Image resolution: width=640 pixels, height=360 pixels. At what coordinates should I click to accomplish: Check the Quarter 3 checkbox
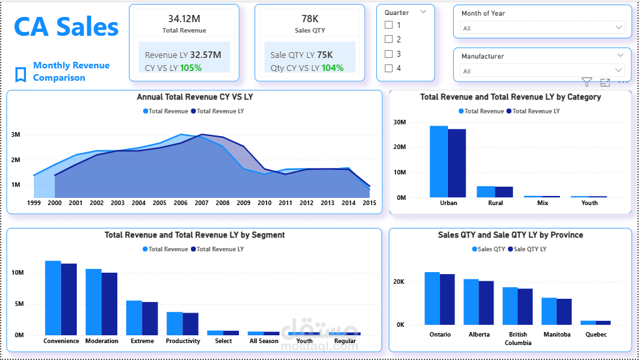point(389,54)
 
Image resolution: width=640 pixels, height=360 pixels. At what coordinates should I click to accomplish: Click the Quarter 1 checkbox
point(389,25)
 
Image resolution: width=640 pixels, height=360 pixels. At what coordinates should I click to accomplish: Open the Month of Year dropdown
point(542,28)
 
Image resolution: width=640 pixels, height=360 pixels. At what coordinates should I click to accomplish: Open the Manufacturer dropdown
point(542,71)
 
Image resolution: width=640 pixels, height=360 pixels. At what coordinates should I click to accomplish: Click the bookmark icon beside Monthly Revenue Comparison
point(21,74)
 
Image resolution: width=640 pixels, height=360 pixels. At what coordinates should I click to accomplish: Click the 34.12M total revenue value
point(184,18)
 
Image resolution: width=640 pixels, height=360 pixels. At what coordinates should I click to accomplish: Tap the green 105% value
point(191,68)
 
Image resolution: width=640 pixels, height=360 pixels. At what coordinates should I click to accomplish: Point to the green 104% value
point(332,68)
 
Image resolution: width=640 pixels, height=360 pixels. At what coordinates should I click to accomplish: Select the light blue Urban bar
point(439,161)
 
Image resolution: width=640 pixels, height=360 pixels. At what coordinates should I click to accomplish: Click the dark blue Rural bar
point(504,191)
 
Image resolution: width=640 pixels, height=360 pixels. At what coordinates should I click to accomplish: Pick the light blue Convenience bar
point(53,298)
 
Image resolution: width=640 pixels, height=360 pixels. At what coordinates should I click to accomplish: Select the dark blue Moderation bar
point(109,303)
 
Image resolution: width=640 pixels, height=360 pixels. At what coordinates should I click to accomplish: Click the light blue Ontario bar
point(432,298)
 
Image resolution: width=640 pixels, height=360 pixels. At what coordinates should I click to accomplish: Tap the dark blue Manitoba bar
point(564,311)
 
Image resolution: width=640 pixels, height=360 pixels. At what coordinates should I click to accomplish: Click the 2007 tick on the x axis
point(202,203)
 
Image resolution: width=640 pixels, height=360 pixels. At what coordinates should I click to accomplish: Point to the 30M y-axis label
point(400,122)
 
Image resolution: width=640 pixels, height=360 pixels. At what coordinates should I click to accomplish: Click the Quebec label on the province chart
point(595,335)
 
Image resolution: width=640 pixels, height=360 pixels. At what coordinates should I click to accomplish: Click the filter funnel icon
point(587,82)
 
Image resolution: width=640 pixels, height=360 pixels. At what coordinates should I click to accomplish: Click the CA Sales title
point(66,27)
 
